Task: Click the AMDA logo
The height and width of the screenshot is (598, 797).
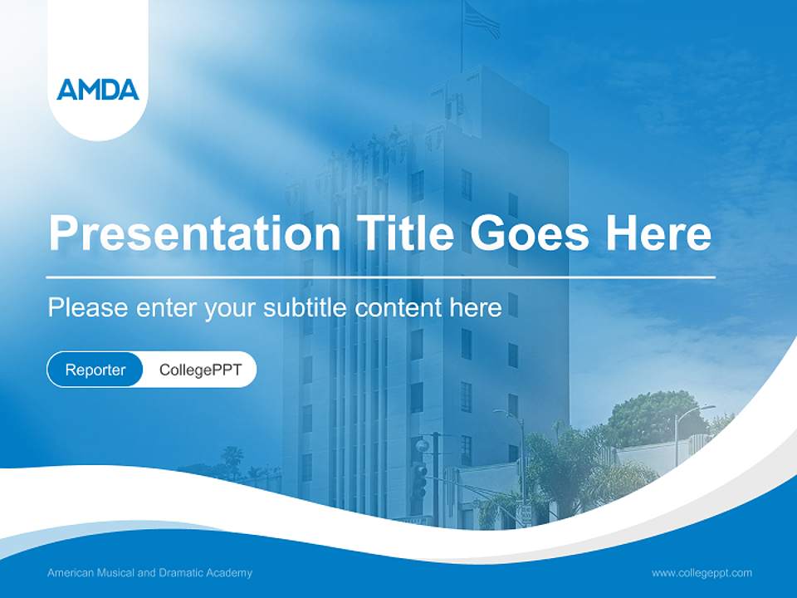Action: point(98,89)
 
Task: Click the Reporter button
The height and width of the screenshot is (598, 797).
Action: point(95,370)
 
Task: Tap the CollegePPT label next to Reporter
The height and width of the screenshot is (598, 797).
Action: point(200,370)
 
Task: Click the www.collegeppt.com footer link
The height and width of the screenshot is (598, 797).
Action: point(702,572)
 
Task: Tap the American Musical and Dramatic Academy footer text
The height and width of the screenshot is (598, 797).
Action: point(149,572)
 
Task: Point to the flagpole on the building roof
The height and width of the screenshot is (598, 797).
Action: point(462,42)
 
